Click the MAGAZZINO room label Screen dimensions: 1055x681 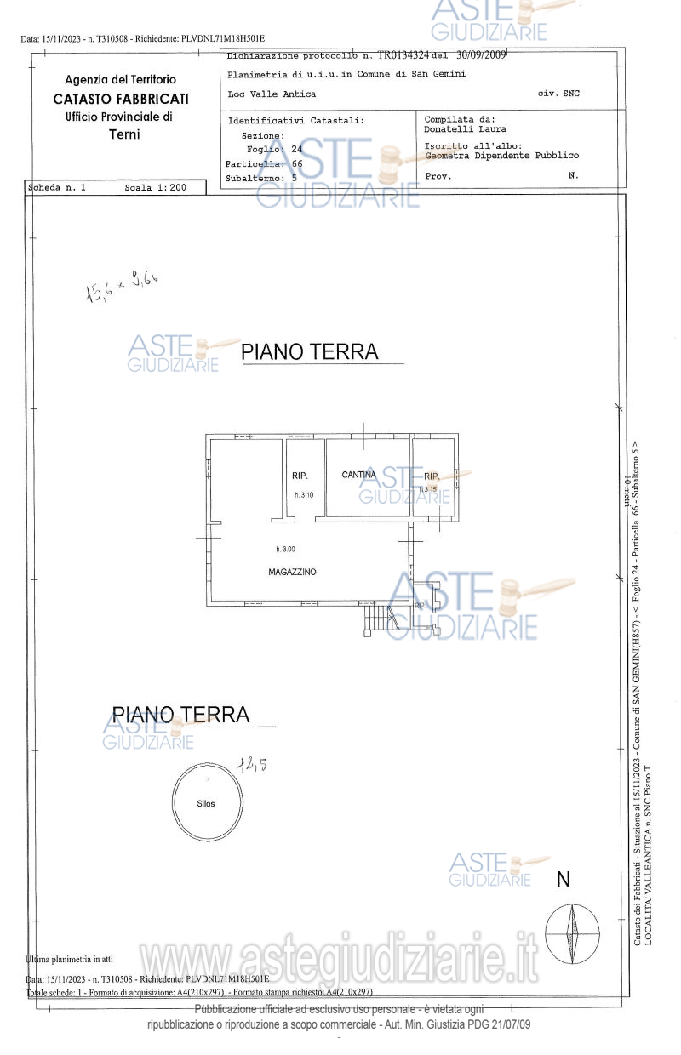(292, 573)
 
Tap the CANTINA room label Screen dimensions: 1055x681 (359, 475)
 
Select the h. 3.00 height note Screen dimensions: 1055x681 (285, 549)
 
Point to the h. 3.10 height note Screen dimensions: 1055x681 (305, 495)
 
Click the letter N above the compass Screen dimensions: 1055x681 (563, 880)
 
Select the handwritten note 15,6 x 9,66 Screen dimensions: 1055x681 (121, 287)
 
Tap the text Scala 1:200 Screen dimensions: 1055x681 (155, 186)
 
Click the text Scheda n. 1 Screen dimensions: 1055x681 (58, 186)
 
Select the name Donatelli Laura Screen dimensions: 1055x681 (465, 129)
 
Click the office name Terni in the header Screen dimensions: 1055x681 (124, 134)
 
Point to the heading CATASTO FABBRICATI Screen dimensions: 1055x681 (120, 99)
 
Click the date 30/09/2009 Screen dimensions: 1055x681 (482, 55)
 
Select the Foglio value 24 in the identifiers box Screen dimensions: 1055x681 (297, 149)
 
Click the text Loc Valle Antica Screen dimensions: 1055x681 (272, 94)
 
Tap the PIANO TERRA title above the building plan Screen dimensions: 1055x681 (310, 351)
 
